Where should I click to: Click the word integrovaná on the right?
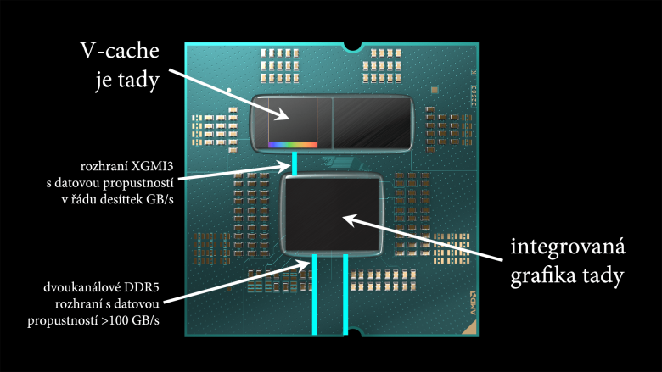567,247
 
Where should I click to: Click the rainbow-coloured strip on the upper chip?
293,145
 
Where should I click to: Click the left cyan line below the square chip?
315,292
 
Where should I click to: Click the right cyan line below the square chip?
345,292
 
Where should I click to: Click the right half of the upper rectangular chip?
369,122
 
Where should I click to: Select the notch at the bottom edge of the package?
350,332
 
